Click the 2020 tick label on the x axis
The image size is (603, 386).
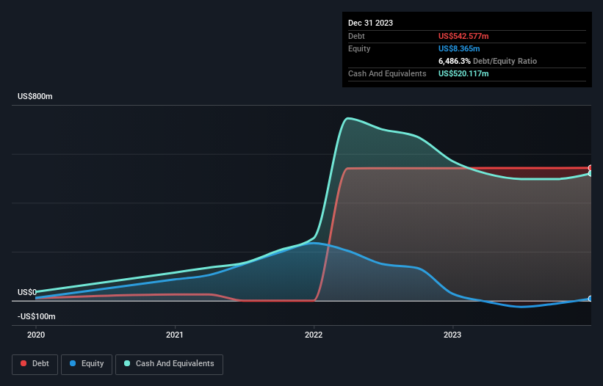click(35, 334)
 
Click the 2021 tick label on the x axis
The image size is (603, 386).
click(175, 334)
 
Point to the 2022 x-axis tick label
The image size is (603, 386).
click(314, 334)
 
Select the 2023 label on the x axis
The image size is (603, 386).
click(453, 334)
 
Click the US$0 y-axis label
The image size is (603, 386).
click(27, 292)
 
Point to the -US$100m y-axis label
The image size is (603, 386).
click(37, 316)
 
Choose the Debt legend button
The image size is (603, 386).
click(35, 364)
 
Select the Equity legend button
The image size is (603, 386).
click(87, 364)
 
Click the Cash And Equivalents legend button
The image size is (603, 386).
click(169, 364)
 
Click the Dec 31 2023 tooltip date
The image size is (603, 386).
click(370, 23)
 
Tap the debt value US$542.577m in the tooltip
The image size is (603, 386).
click(463, 36)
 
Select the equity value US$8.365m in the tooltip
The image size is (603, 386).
click(459, 48)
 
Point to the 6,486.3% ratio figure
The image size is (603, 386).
click(455, 61)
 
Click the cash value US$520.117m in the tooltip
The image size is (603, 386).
click(463, 73)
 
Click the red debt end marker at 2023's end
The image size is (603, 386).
click(591, 168)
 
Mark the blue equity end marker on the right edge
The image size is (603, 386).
click(591, 299)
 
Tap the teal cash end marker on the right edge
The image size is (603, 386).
click(591, 173)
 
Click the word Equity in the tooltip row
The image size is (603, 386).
click(359, 48)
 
